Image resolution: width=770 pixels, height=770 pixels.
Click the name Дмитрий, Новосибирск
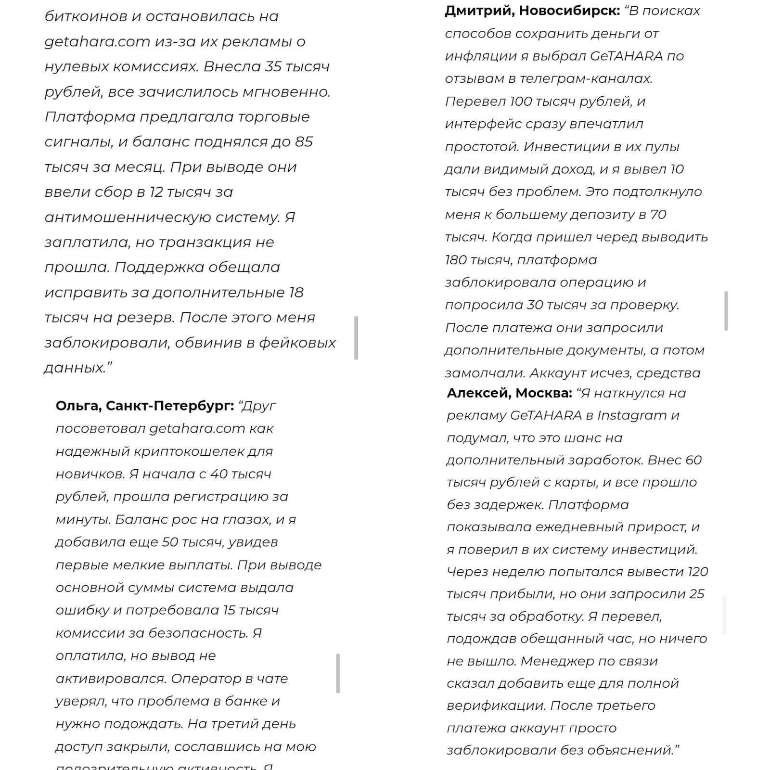tap(532, 11)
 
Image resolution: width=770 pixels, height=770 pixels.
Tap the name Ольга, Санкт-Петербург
tap(144, 406)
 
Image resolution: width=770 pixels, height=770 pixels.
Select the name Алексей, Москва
tap(509, 393)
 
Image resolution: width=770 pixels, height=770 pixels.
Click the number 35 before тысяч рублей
tap(273, 66)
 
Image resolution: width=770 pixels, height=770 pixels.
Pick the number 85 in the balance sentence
tap(304, 142)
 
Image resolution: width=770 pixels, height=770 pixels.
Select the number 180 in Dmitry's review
tap(456, 260)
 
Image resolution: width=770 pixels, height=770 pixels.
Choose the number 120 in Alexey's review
tap(698, 572)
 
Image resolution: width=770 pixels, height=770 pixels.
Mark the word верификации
tap(496, 706)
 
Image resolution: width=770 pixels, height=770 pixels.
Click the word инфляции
tap(475, 56)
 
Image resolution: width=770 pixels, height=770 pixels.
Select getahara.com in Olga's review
tap(197, 428)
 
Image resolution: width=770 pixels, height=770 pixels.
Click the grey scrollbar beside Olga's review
tap(338, 673)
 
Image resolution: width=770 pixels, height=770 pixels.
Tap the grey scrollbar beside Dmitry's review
tap(726, 310)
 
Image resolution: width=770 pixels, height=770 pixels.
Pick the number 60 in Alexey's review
tap(693, 460)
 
